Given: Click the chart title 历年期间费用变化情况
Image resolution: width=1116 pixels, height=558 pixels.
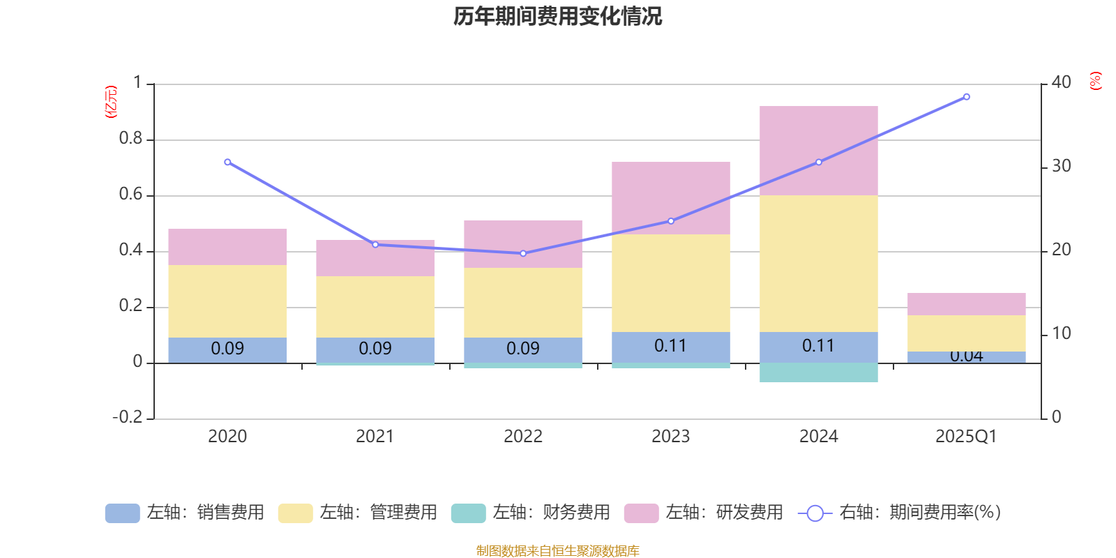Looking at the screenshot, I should click(x=557, y=16).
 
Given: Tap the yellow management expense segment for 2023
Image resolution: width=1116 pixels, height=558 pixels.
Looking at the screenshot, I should click(x=670, y=282).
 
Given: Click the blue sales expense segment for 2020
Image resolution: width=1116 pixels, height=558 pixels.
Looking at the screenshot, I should click(x=227, y=349).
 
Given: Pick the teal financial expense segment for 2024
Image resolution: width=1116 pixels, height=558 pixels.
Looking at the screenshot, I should click(x=818, y=372).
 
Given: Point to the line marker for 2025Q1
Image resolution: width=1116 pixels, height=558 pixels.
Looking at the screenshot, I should click(x=966, y=97).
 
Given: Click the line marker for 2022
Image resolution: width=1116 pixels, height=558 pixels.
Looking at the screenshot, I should click(x=523, y=253).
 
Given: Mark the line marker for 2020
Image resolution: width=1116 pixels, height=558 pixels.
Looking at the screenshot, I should click(x=227, y=162).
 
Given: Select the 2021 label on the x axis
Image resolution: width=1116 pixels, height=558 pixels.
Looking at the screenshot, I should click(x=375, y=437).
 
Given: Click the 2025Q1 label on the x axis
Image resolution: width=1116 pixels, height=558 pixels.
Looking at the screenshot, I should click(x=966, y=437).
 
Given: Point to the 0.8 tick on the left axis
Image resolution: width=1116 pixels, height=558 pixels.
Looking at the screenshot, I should click(x=130, y=139).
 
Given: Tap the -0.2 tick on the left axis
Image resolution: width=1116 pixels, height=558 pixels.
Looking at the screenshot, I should click(x=127, y=417).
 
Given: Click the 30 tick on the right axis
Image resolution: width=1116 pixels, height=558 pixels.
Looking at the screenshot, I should click(x=1061, y=166).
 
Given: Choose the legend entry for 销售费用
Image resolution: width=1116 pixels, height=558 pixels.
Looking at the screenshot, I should click(x=185, y=513).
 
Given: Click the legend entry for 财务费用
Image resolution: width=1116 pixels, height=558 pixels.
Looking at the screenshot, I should click(x=531, y=513).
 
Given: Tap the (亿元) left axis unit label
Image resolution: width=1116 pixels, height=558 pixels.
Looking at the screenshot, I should click(x=110, y=102).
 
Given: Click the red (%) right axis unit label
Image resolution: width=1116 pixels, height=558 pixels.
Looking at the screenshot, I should click(x=1095, y=81).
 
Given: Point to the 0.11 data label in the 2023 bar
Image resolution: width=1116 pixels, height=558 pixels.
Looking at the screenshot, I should click(x=670, y=346).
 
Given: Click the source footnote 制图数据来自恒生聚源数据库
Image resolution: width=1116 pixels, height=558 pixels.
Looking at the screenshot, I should click(x=557, y=551).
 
